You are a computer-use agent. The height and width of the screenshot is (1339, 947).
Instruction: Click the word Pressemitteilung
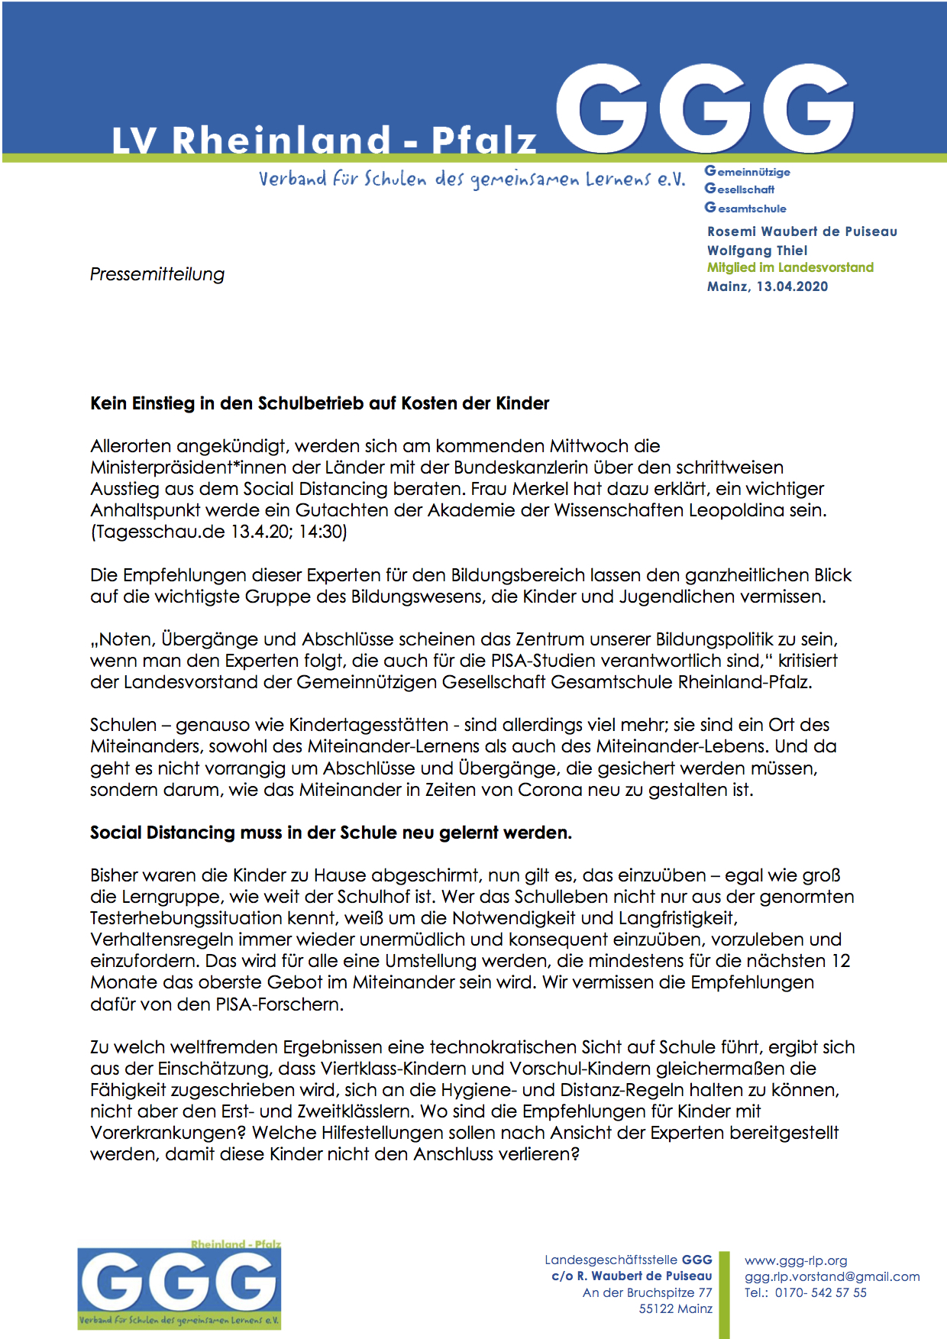[157, 274]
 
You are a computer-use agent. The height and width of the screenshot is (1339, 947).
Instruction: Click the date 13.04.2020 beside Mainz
[792, 286]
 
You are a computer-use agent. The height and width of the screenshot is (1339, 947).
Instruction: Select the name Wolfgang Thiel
[757, 251]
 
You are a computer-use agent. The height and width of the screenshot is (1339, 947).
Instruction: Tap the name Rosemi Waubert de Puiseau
[802, 231]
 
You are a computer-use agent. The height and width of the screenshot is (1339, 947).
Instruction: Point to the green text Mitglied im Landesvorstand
[790, 267]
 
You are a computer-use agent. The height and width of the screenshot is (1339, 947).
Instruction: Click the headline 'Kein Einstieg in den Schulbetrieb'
[319, 403]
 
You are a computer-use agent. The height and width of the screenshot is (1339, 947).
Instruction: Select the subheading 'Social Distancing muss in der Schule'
[331, 833]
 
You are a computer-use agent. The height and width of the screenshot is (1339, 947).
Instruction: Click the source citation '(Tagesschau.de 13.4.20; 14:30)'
[218, 532]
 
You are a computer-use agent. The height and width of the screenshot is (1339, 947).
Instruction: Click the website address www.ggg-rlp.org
[796, 1260]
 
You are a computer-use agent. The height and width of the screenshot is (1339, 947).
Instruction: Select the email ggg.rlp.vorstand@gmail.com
[832, 1276]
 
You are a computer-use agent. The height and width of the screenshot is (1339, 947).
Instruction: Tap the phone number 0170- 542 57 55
[820, 1292]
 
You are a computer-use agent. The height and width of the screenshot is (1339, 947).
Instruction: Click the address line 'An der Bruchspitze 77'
[647, 1292]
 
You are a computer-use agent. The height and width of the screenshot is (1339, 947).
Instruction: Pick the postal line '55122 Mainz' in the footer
[675, 1308]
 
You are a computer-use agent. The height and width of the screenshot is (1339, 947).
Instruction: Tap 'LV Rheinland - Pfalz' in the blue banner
[325, 141]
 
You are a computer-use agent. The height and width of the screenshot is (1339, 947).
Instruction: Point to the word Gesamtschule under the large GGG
[746, 208]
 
